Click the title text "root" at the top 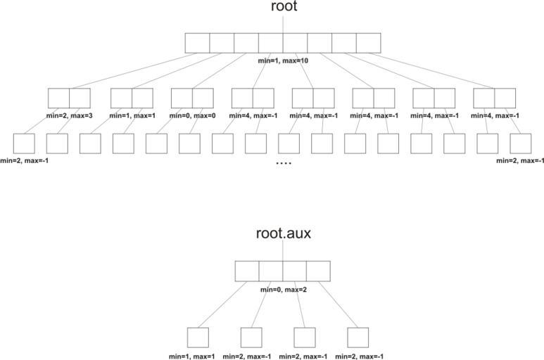coord(283,7)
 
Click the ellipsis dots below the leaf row coord(284,163)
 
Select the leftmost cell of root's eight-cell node coord(198,43)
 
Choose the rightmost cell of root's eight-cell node coord(368,43)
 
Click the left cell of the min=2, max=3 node coord(59,98)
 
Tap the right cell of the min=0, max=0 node coord(203,98)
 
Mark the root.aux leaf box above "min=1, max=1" coord(198,337)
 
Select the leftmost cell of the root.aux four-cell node coord(246,271)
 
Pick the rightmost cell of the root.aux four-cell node coord(318,271)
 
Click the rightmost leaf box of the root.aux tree coord(358,337)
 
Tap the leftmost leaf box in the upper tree coord(23,143)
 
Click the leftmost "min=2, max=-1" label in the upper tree coord(25,161)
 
